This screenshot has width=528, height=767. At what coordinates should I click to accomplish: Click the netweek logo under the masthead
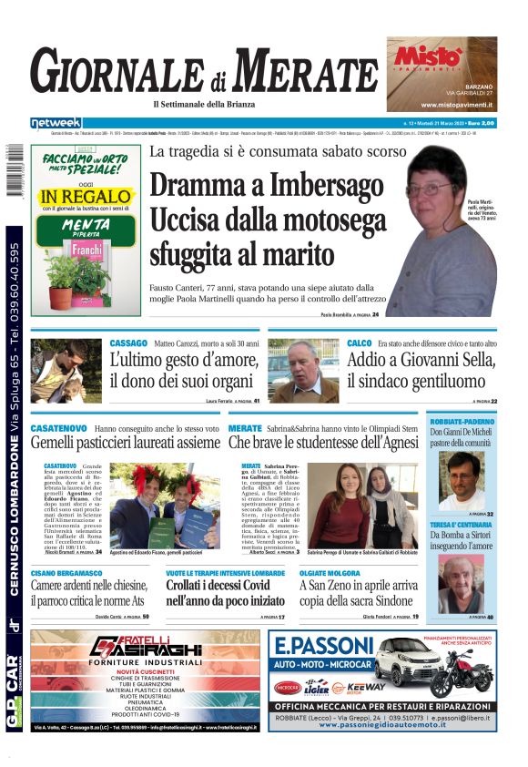(x=56, y=122)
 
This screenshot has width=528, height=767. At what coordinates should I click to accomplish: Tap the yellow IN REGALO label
(x=86, y=197)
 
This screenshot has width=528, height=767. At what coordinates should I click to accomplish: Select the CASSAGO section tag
(x=128, y=343)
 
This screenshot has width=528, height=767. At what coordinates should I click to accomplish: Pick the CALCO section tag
(x=359, y=343)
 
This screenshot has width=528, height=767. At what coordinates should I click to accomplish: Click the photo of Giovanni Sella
(x=304, y=371)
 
